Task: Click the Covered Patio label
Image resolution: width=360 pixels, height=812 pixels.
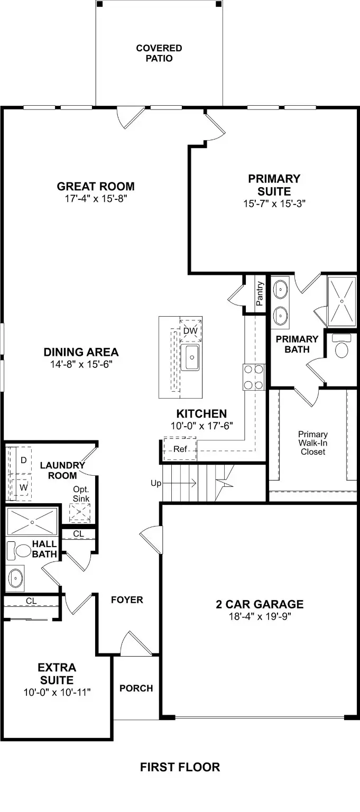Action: click(159, 53)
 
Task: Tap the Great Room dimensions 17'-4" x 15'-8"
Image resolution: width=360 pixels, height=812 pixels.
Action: click(96, 198)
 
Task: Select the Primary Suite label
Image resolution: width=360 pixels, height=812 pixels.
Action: click(274, 185)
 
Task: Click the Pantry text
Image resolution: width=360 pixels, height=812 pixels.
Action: click(260, 293)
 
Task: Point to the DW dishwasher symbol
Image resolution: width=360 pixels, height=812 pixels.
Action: click(190, 330)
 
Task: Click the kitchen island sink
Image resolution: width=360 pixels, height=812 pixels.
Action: click(190, 357)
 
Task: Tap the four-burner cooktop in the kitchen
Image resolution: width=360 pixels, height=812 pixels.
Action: click(254, 377)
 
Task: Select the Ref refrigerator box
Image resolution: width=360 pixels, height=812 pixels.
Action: click(180, 449)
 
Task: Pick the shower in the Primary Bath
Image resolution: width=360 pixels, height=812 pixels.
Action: click(343, 300)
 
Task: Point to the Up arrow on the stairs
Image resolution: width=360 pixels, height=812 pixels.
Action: click(180, 483)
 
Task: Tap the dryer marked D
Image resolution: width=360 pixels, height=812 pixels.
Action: click(23, 460)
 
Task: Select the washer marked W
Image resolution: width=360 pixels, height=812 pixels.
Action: click(23, 486)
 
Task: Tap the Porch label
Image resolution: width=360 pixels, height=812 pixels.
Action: click(136, 688)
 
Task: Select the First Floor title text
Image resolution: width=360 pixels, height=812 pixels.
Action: click(180, 767)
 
